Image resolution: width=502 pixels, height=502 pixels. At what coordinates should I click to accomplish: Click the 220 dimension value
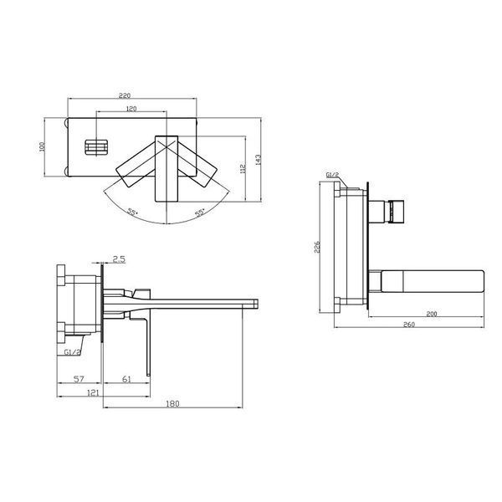point(125,95)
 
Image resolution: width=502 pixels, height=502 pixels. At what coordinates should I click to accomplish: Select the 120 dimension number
point(131,109)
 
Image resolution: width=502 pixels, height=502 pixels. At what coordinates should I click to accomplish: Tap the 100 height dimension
point(42,146)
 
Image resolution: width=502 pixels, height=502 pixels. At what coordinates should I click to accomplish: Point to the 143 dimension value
point(258,160)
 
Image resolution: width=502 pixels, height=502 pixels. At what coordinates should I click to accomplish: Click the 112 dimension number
point(243,169)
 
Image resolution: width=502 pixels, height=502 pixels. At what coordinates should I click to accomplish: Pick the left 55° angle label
point(132,212)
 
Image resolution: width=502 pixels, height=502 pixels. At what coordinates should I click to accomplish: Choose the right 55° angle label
point(200,213)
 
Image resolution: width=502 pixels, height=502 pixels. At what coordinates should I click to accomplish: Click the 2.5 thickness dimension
point(119,259)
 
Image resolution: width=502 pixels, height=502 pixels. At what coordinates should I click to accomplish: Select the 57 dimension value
point(79,379)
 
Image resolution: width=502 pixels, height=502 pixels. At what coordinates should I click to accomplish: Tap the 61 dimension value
point(127,379)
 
